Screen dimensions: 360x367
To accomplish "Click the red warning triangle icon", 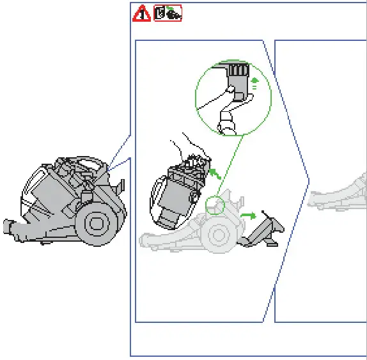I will [x=141, y=13].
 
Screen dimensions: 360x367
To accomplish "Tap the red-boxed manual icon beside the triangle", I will [x=168, y=13].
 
